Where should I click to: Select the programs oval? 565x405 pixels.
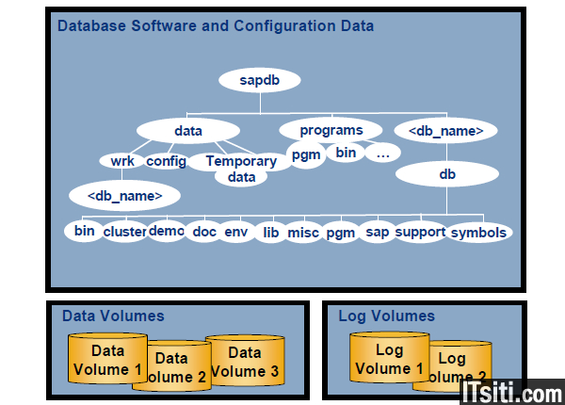(x=331, y=129)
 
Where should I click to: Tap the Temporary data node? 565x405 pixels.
(x=241, y=168)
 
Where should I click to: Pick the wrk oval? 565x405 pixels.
(x=122, y=161)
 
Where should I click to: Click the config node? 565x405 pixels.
(x=166, y=161)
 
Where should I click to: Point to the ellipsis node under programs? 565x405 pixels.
(x=382, y=153)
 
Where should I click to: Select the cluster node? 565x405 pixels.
(x=124, y=232)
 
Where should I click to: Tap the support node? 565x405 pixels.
(x=420, y=232)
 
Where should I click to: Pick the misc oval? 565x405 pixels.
(x=303, y=232)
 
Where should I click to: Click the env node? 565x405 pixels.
(x=235, y=232)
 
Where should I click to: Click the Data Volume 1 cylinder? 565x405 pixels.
(x=107, y=360)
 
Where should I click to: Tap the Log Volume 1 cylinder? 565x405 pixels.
(x=389, y=360)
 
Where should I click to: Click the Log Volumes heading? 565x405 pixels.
(x=386, y=316)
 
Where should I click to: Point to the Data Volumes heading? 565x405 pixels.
(x=113, y=316)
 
